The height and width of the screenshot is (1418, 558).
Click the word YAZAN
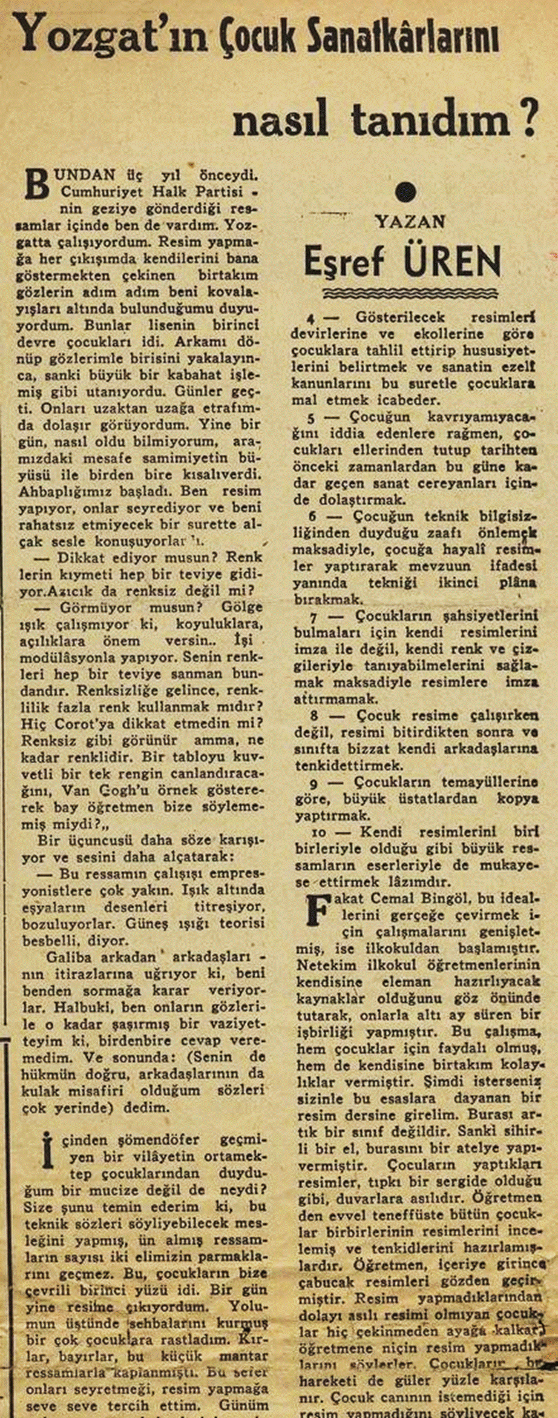[x=410, y=222]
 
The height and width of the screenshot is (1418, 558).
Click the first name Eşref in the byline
[x=343, y=262]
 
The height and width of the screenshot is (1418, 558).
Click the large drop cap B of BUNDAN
[x=38, y=184]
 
